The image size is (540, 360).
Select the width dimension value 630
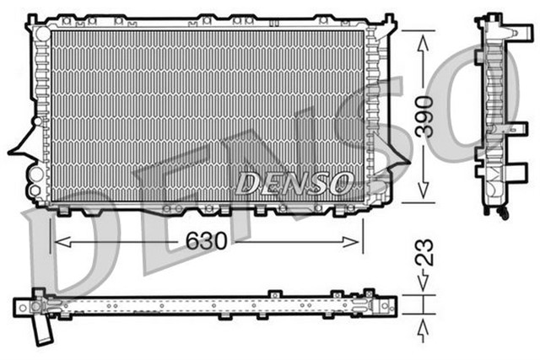tap(207, 240)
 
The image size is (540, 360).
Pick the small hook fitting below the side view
tap(504, 215)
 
